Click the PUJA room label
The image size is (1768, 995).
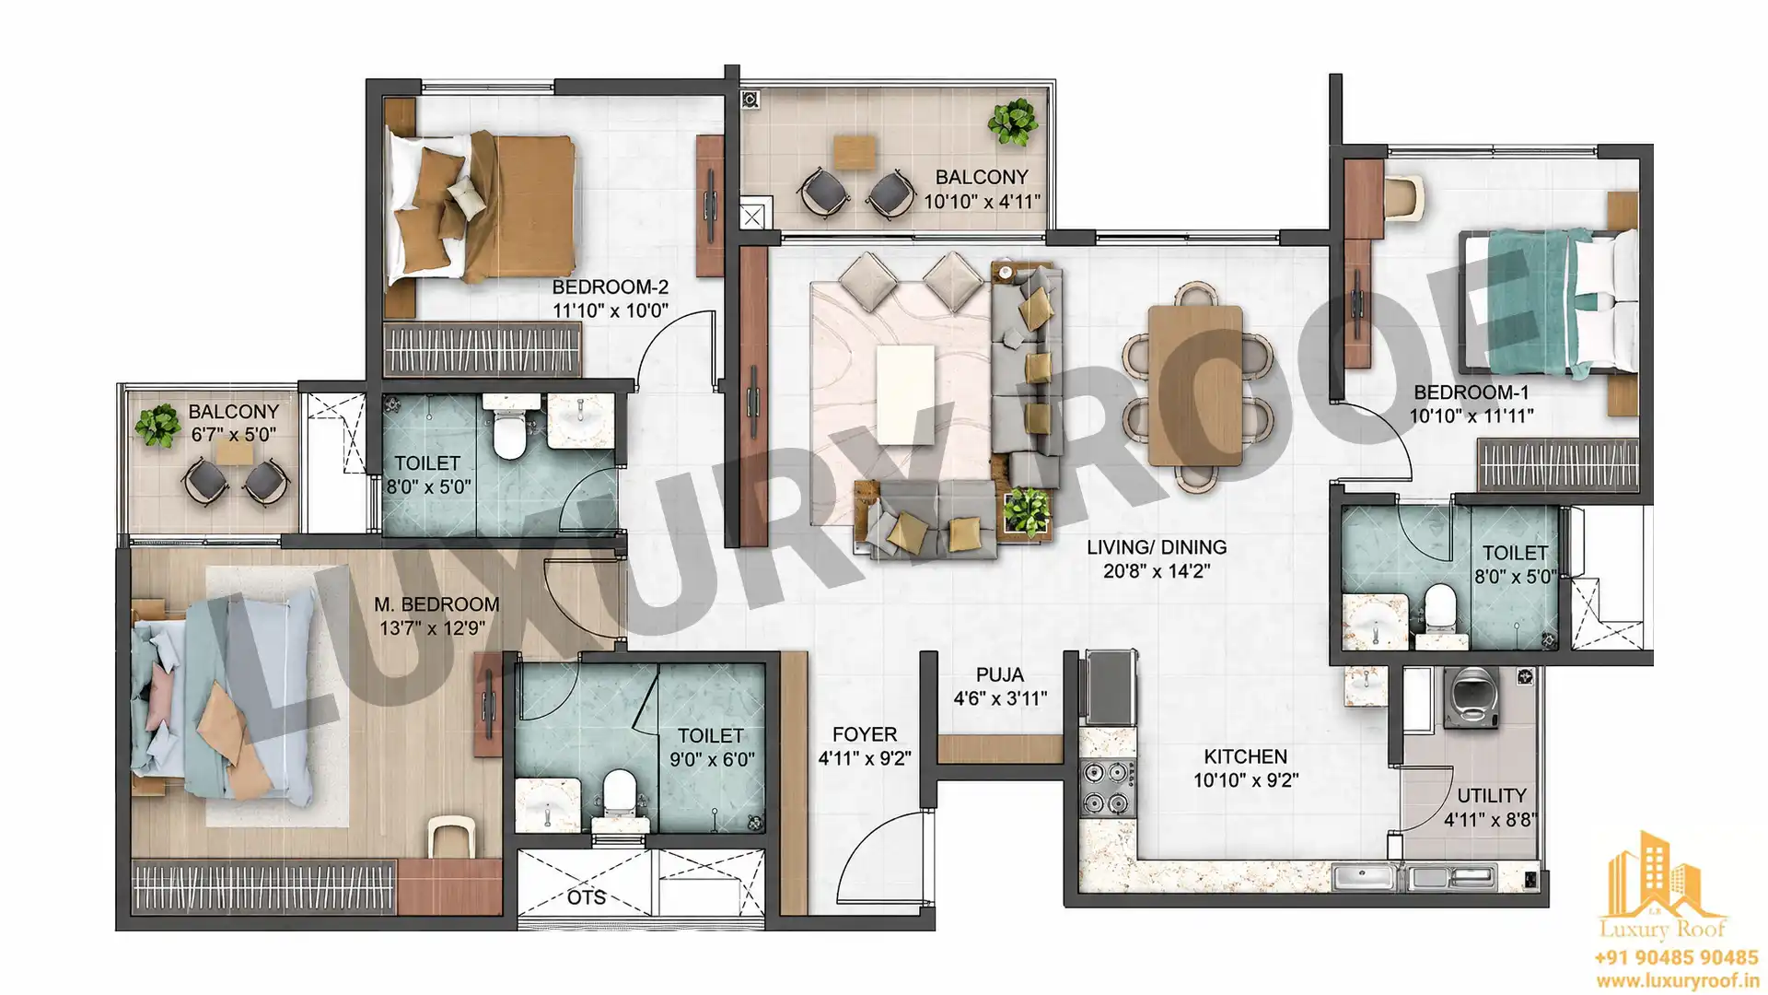pos(1000,674)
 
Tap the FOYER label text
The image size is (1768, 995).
pos(864,734)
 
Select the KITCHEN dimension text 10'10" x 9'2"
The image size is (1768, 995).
pos(1245,780)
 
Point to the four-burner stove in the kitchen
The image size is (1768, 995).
pos(1106,789)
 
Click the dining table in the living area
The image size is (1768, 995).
pos(1195,386)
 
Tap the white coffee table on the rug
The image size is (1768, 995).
pos(905,394)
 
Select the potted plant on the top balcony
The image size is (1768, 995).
pos(1013,123)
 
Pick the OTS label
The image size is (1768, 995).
pos(587,897)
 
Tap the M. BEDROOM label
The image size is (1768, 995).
pos(436,604)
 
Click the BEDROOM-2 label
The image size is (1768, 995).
pos(610,287)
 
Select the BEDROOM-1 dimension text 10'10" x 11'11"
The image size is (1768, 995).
pos(1471,416)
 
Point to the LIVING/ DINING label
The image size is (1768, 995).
pos(1157,547)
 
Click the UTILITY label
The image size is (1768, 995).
pos(1492,795)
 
